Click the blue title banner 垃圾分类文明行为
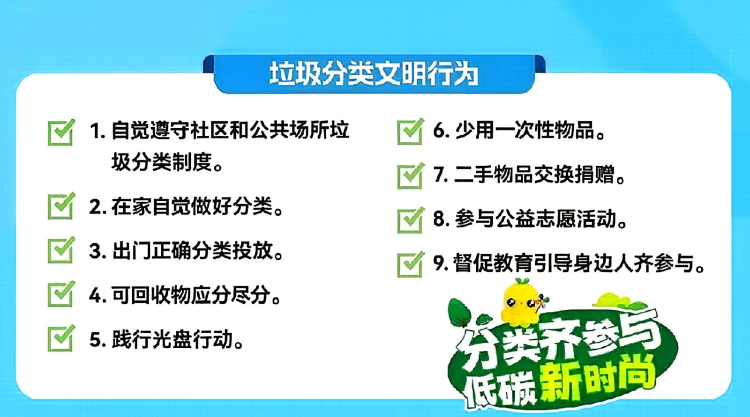(x=374, y=74)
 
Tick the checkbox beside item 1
(x=61, y=133)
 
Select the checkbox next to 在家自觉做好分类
(x=61, y=206)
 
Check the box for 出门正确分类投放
(x=61, y=250)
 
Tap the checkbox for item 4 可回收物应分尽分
(x=61, y=294)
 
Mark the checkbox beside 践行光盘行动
(x=61, y=338)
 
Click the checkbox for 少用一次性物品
(x=411, y=132)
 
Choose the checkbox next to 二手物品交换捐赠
(x=411, y=176)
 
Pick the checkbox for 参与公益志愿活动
(x=411, y=220)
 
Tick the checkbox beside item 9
(x=411, y=264)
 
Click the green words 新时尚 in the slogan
(x=598, y=380)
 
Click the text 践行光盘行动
(x=178, y=339)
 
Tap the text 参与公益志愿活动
(x=540, y=219)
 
